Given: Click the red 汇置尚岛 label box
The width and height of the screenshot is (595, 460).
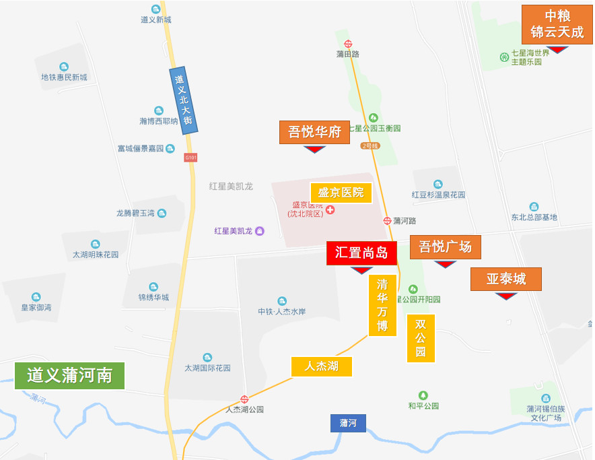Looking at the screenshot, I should coord(361,253).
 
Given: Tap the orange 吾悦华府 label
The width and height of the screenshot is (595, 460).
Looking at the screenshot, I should coord(314,132).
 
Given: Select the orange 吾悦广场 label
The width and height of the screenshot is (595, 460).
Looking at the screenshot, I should coord(445,247).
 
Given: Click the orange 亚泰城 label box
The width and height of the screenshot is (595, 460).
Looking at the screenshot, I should coord(505,279).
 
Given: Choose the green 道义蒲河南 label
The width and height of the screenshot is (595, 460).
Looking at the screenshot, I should coord(69,375).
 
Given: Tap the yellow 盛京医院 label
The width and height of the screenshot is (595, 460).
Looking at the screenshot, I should coord(341,193).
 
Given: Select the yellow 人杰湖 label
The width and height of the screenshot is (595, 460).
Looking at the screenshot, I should coord(321,366).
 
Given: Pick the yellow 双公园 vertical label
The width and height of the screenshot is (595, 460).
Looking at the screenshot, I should coord(421,338).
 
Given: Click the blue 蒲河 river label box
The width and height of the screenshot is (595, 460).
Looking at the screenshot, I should coord(348,423).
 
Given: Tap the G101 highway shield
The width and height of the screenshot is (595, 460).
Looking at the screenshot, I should coord(191,158).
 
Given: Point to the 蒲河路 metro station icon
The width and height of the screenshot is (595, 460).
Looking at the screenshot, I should coord(388,220).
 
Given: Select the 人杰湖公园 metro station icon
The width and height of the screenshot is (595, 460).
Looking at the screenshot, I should coord(244,399).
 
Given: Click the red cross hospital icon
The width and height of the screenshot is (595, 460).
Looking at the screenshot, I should coord(330,209).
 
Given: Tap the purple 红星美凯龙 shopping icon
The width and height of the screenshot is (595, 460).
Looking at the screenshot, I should coord(260,231).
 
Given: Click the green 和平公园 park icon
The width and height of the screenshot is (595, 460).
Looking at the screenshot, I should coord(423,395).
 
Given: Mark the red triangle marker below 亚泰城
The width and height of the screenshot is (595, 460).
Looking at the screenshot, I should coord(505,296).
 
